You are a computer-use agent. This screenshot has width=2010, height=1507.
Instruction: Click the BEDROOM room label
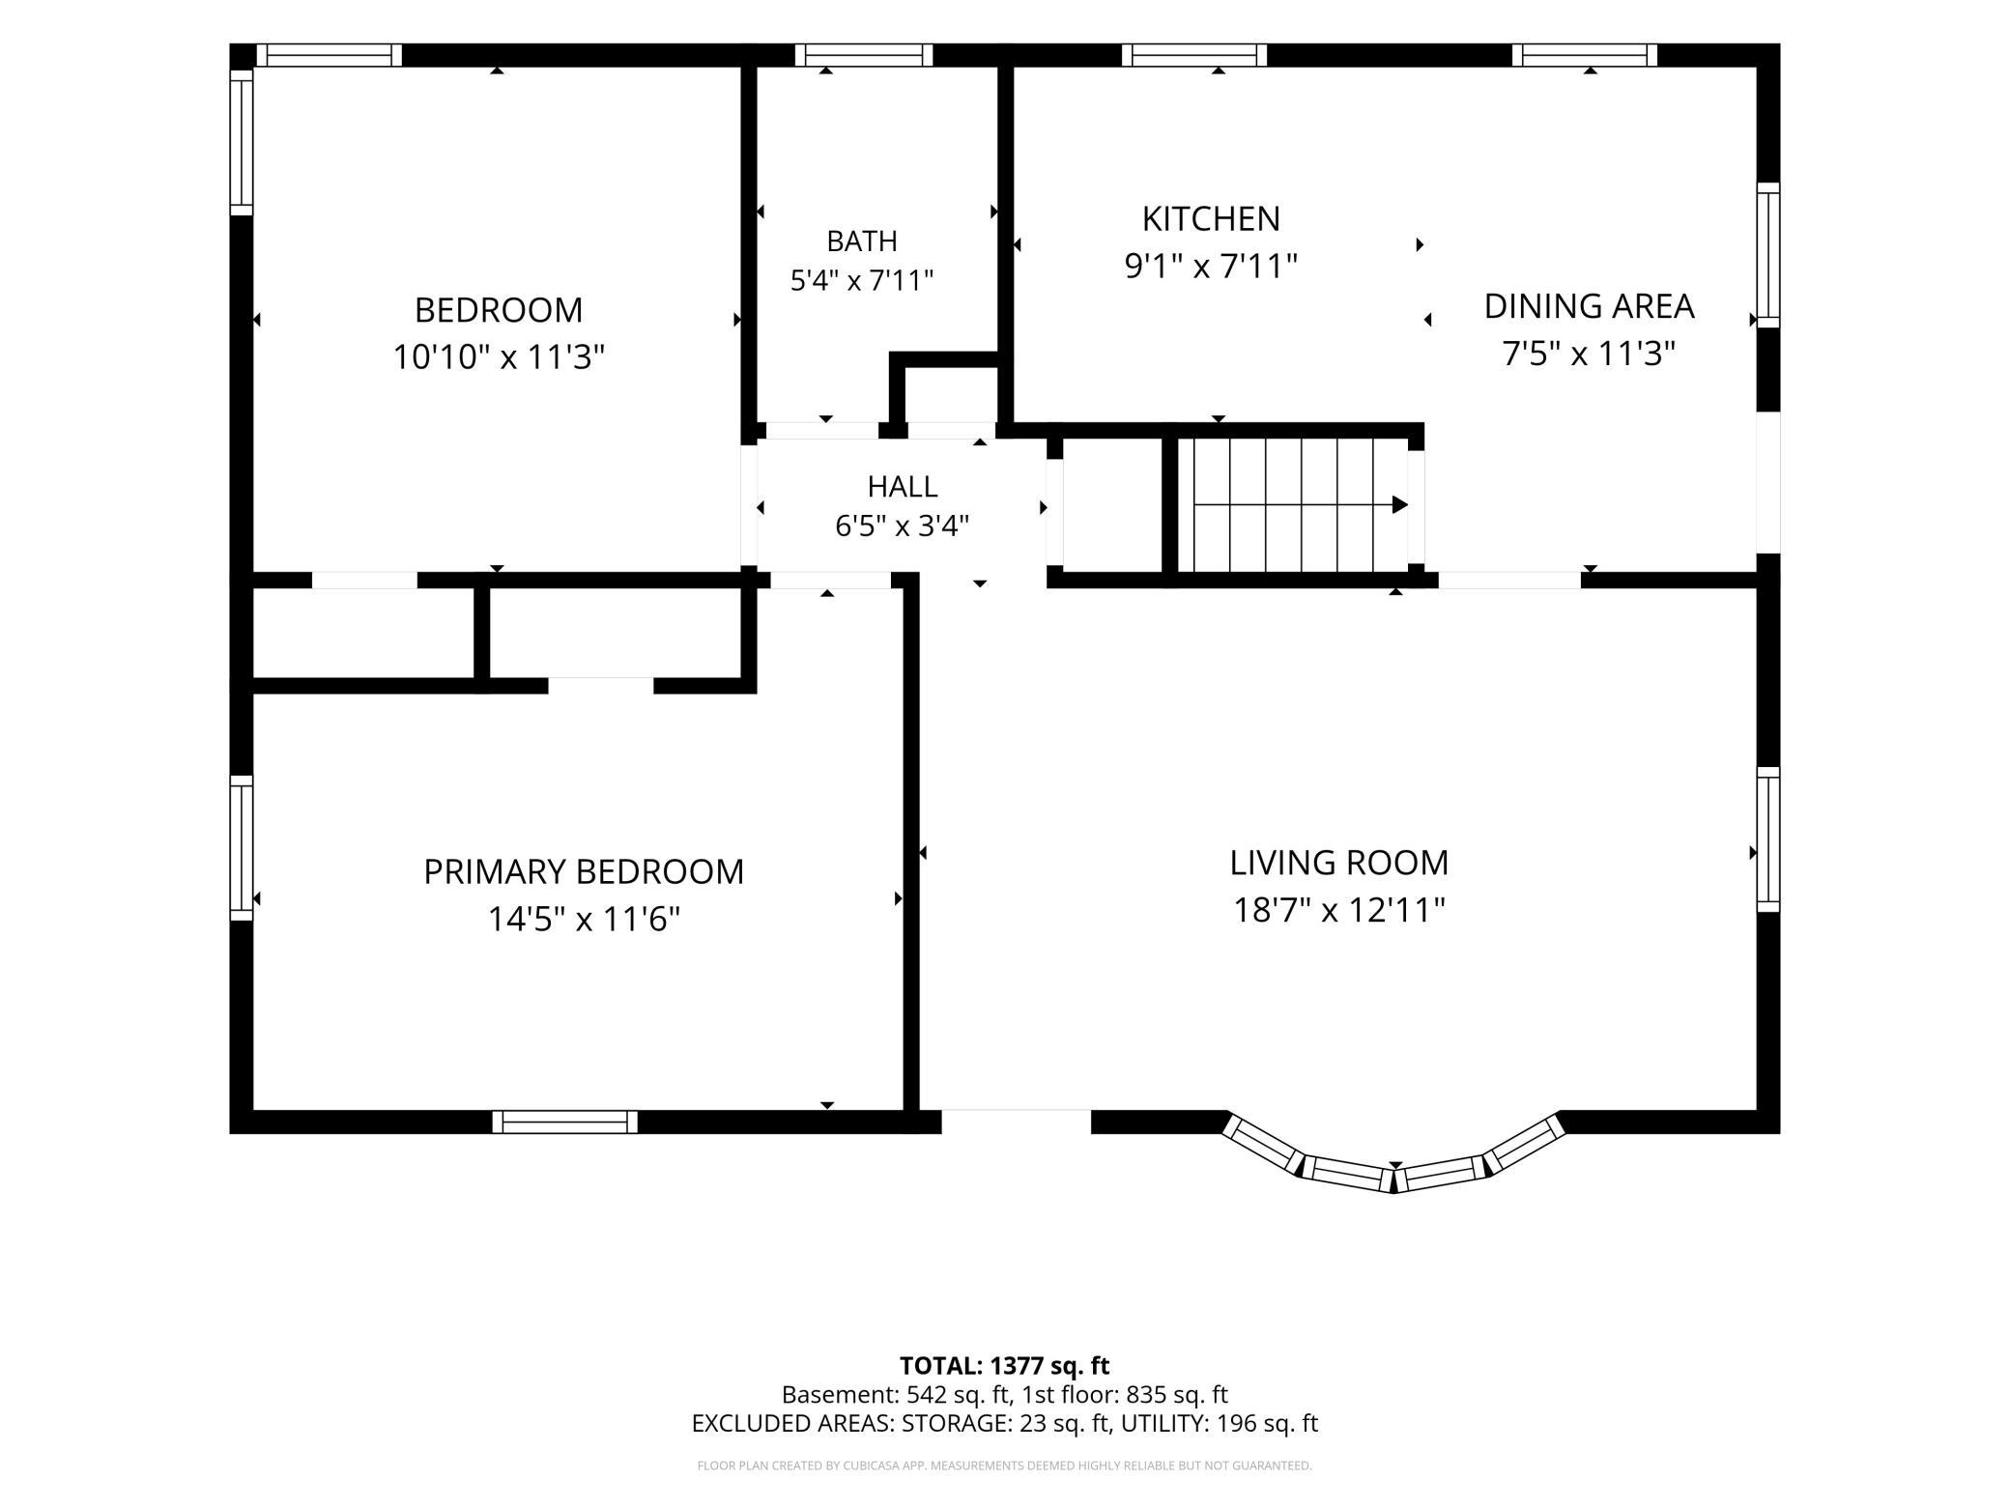499,310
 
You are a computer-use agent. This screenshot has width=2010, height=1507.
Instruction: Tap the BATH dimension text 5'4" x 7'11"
862,281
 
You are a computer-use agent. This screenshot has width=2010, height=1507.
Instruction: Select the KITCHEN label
1211,219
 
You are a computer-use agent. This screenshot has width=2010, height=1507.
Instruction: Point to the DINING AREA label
1589,306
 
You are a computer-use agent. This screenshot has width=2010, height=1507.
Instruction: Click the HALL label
903,486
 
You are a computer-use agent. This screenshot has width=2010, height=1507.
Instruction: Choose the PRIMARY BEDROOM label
584,871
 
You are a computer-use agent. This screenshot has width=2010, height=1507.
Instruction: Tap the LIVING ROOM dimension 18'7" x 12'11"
1338,910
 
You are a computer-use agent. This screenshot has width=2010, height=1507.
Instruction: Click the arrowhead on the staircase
1399,504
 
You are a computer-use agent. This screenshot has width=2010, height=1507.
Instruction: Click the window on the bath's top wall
864,55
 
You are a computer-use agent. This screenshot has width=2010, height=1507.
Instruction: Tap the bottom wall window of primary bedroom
565,1122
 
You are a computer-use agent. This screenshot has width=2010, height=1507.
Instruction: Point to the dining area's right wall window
1767,255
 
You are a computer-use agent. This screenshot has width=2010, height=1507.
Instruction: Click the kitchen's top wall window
1194,55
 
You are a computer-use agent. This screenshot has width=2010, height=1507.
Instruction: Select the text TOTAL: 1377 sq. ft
1004,1366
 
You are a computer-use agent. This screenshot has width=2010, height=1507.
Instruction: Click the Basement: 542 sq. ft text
896,1395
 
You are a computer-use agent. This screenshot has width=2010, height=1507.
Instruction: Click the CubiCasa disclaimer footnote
1004,1465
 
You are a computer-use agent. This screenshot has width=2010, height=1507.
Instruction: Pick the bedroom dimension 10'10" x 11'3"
499,357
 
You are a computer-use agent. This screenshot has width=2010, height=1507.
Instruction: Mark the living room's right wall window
1767,839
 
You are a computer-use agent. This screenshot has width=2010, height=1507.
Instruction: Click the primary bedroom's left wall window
241,847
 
